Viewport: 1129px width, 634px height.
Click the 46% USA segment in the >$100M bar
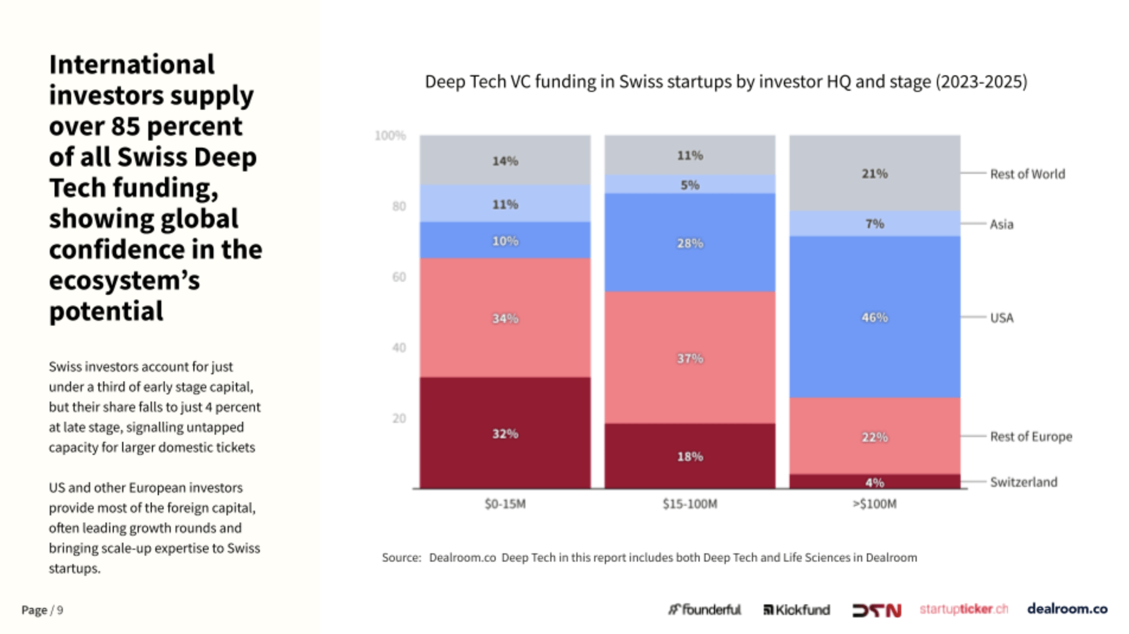[x=875, y=317]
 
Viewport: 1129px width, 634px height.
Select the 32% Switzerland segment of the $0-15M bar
[x=505, y=434]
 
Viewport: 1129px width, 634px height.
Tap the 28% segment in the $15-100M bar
[x=690, y=243]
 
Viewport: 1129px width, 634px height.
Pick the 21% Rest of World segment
[x=875, y=173]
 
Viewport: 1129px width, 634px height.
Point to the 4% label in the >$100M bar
[x=875, y=482]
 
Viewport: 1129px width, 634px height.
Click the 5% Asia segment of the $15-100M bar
[x=690, y=184]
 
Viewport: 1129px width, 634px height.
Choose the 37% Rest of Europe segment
[x=690, y=358]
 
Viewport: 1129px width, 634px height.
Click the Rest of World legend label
[x=1027, y=174]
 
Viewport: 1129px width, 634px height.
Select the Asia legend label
[x=1002, y=224]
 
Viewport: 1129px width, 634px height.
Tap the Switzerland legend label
[x=1023, y=482]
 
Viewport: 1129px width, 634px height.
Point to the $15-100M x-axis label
[x=690, y=504]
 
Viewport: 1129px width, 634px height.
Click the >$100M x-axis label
[x=875, y=504]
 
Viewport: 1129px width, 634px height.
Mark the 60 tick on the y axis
[x=399, y=277]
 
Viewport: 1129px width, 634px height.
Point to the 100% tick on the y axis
[x=390, y=136]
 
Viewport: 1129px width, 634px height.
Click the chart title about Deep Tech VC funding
[x=726, y=81]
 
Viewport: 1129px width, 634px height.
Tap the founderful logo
[x=704, y=610]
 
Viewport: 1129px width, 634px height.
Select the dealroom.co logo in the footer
[x=1067, y=608]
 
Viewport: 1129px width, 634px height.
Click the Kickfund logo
[x=796, y=610]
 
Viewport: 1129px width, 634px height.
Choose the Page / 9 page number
[x=42, y=610]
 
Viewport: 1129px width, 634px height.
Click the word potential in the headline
[x=106, y=311]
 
